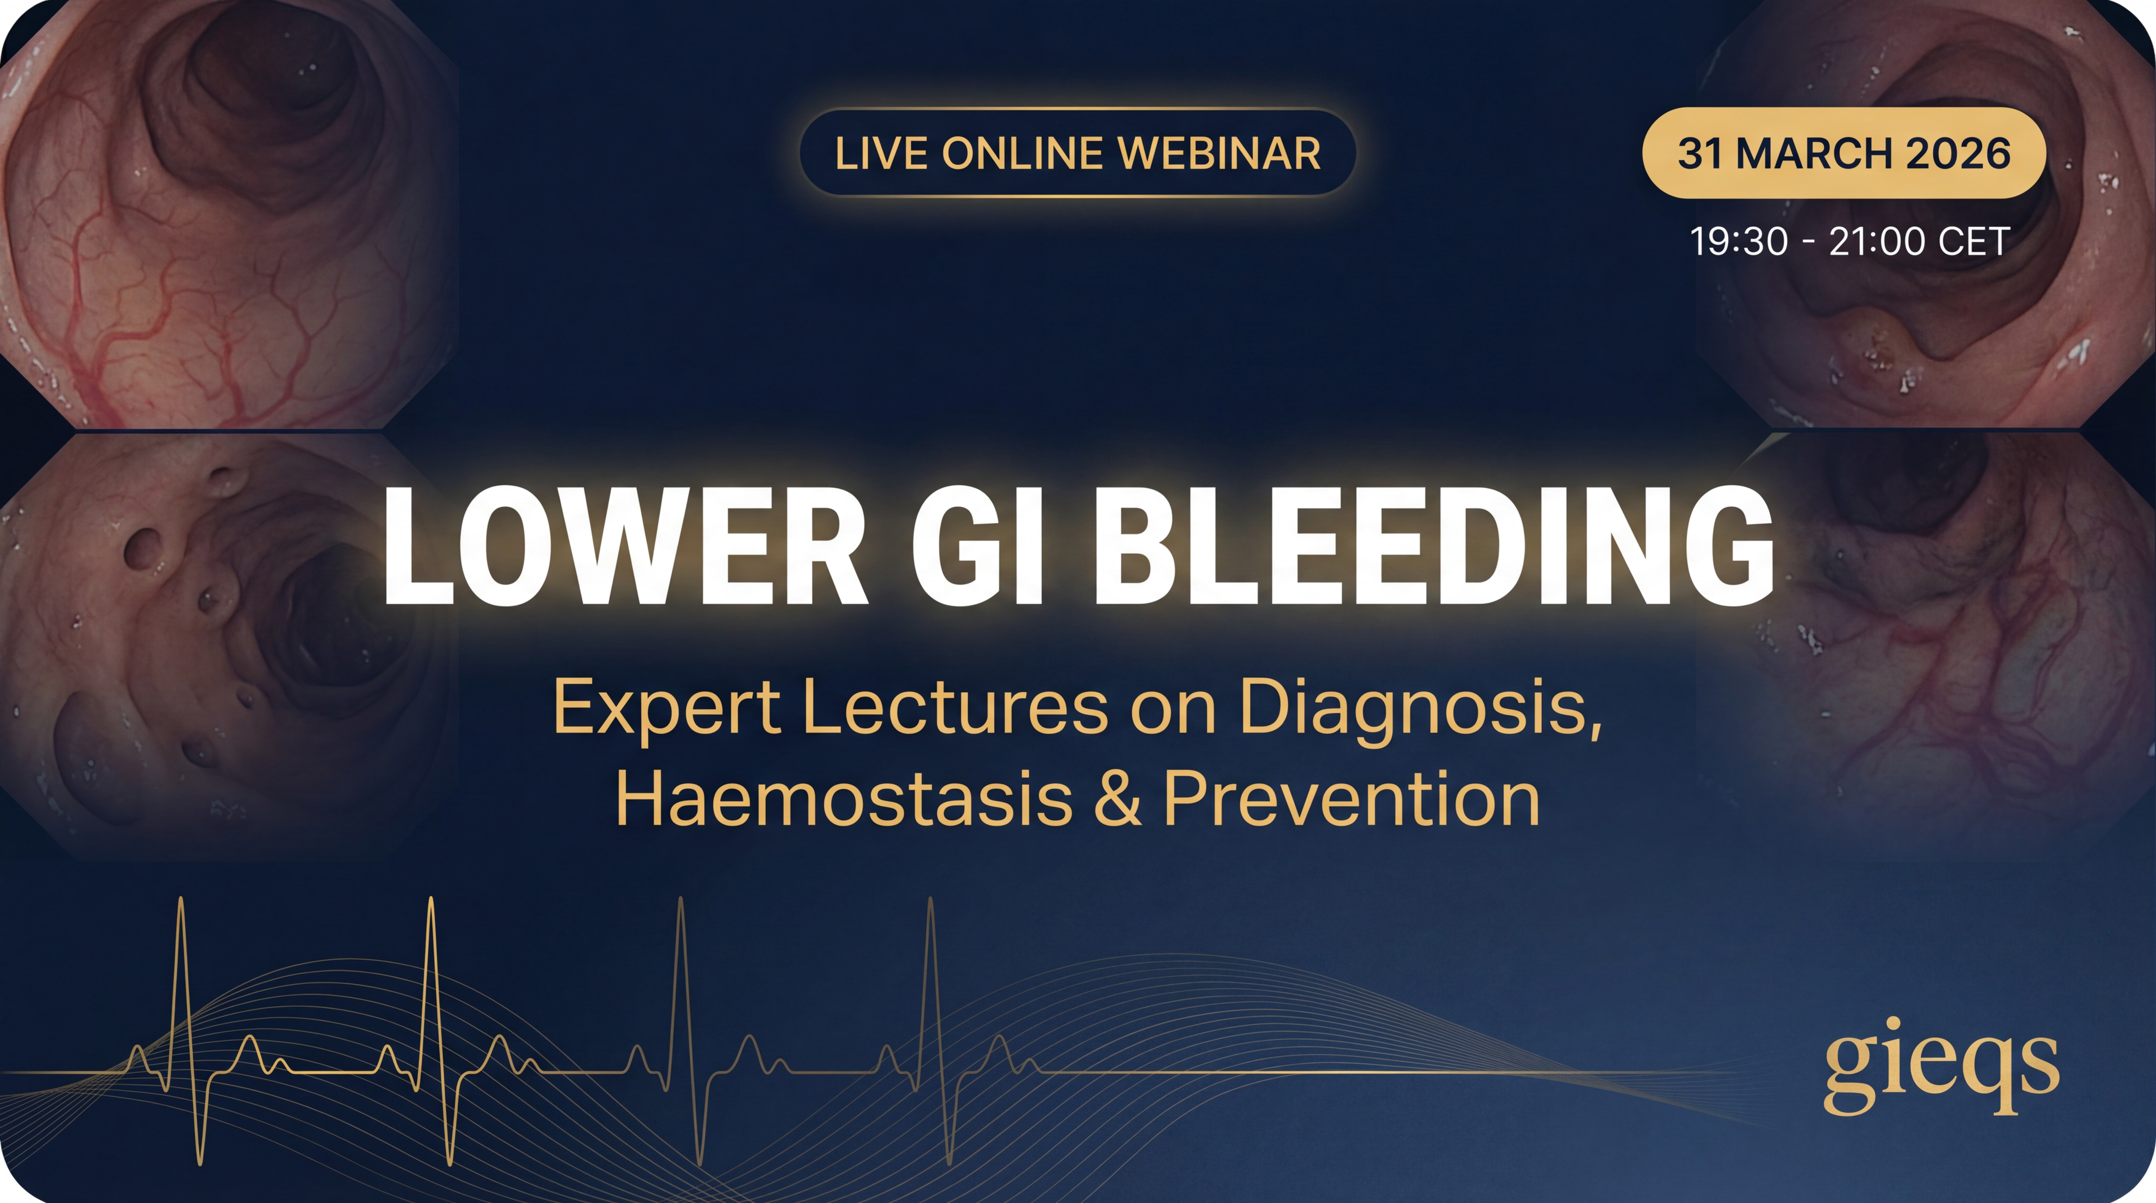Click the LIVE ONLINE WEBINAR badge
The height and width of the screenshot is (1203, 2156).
1077,153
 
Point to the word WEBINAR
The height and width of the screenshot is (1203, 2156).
1219,153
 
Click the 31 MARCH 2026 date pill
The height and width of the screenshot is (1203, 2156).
1844,153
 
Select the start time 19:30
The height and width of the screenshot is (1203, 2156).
1738,242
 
